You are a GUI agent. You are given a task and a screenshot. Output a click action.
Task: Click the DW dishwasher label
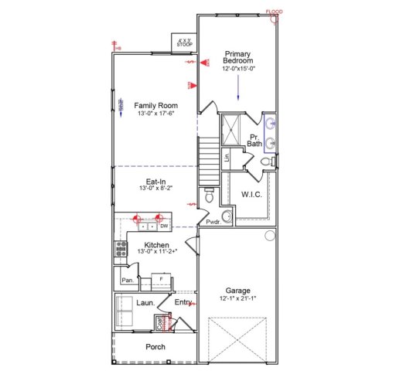(x=164, y=226)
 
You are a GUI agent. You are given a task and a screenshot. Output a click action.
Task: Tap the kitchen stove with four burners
(x=121, y=248)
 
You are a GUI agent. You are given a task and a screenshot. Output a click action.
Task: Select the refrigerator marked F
(x=160, y=277)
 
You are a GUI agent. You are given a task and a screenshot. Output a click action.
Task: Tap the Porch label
(x=155, y=347)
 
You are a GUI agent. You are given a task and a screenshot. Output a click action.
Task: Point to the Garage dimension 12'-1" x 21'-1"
(x=237, y=298)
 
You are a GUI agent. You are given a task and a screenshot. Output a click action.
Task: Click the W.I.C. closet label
(x=251, y=194)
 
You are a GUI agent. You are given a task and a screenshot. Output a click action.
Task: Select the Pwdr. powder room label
(x=213, y=223)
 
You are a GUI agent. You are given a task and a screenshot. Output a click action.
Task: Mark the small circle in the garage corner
(x=269, y=235)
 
